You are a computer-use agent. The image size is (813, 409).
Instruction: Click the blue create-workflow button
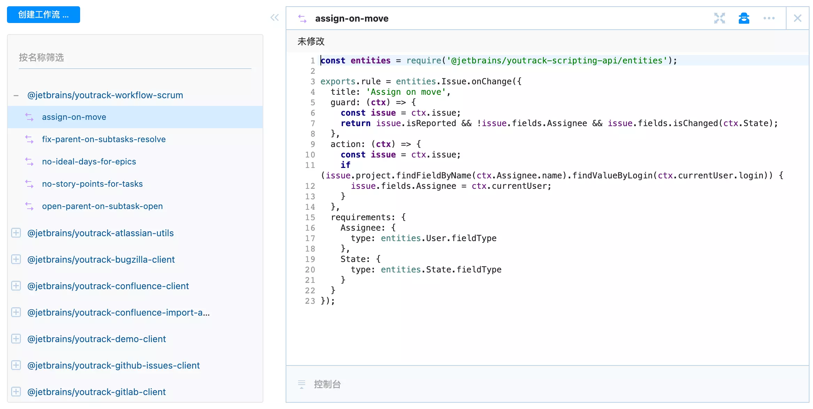tap(44, 15)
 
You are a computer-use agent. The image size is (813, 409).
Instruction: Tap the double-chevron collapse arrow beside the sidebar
tap(275, 17)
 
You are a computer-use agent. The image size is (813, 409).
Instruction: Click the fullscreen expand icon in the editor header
tap(719, 18)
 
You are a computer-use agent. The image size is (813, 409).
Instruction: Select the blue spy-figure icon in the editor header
tap(744, 18)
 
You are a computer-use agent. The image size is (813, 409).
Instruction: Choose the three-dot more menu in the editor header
tap(769, 18)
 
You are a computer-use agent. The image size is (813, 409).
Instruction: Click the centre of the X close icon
tap(797, 18)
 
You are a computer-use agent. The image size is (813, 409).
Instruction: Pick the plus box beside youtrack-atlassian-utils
tap(16, 233)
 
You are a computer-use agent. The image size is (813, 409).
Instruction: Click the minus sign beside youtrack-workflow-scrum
tap(16, 95)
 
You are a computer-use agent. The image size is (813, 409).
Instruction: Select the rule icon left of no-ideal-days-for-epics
tap(30, 162)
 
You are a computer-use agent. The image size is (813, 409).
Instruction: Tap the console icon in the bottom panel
tap(302, 384)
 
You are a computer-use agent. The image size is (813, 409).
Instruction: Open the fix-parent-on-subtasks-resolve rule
tap(104, 139)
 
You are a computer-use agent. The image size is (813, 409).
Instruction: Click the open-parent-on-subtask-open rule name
tap(102, 206)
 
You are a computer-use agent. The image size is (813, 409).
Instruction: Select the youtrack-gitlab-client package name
tap(96, 392)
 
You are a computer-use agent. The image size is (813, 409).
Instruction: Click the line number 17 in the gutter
tap(310, 238)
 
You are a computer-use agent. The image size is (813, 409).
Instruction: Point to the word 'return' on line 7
tap(356, 123)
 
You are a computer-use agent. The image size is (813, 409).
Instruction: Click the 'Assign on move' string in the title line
tap(406, 92)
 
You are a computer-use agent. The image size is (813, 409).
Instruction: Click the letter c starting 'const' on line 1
tap(323, 61)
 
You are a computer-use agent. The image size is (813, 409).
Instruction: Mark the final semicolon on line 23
tap(333, 301)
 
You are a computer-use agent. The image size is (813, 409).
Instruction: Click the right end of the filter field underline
tap(251, 69)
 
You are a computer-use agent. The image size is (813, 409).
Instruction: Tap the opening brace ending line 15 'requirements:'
tap(403, 217)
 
